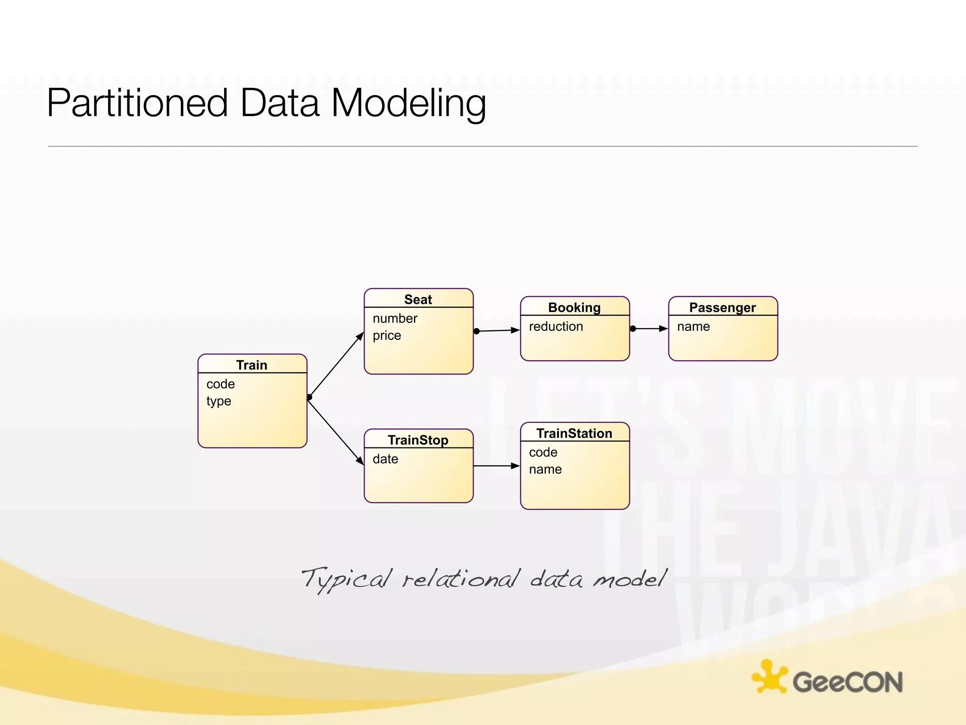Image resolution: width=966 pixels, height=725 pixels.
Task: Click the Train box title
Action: pos(252,365)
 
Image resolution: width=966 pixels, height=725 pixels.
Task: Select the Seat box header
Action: pos(418,299)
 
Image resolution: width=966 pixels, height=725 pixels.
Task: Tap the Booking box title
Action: pos(574,307)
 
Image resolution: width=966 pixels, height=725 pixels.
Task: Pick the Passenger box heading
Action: pos(722,307)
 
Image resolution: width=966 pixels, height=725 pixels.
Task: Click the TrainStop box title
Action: pos(418,440)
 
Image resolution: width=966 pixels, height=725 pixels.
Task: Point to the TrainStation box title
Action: pos(574,433)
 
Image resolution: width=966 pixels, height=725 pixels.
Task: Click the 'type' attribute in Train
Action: pos(219,401)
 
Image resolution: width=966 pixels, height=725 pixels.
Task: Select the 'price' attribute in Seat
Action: pos(387,336)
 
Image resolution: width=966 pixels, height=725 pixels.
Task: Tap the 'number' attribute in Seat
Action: pos(395,319)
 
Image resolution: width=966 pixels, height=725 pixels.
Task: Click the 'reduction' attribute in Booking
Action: pos(556,327)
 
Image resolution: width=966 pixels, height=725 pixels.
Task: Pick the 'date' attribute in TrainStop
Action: pos(385,459)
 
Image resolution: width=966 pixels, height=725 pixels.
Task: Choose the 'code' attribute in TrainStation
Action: pos(543,453)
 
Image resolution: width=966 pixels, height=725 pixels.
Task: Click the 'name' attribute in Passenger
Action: pos(693,327)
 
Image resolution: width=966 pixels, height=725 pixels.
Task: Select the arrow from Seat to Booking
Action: pos(498,330)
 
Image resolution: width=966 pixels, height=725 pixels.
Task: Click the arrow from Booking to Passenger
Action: pos(650,329)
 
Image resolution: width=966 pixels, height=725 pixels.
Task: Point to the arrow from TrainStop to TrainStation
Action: pos(496,466)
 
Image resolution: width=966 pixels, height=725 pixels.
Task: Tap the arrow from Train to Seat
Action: pos(336,365)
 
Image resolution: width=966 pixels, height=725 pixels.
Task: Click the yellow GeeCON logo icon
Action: pos(769,677)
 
